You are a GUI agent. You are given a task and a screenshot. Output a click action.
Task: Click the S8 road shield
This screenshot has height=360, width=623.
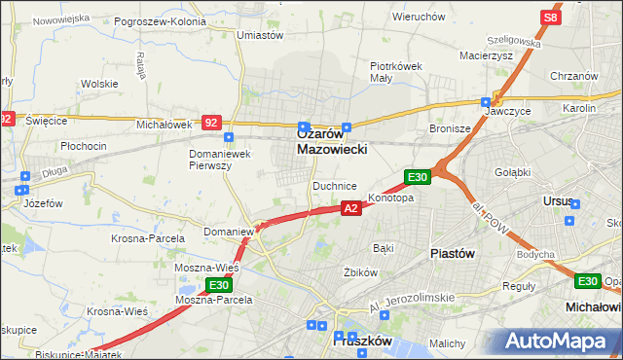click(x=551, y=18)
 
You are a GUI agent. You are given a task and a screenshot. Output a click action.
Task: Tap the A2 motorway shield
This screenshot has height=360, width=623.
click(x=352, y=208)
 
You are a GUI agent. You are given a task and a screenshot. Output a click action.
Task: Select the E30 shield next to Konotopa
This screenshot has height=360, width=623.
click(x=417, y=176)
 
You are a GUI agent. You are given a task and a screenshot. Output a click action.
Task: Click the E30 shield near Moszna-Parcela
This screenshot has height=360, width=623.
click(x=218, y=285)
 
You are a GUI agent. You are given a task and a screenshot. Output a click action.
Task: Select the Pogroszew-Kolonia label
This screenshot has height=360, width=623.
click(x=160, y=20)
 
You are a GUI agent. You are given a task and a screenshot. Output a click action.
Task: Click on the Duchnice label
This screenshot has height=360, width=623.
click(x=334, y=185)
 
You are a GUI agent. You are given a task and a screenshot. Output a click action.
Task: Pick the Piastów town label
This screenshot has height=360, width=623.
click(x=452, y=253)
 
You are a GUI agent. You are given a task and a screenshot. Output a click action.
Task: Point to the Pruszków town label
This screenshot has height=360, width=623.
click(x=361, y=342)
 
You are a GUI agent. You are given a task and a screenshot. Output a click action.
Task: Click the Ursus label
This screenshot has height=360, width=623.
click(x=558, y=201)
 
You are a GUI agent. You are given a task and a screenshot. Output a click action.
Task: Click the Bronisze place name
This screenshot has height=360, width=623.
click(x=450, y=128)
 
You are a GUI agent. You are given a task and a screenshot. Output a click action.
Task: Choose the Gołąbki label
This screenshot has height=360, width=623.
click(x=511, y=172)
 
